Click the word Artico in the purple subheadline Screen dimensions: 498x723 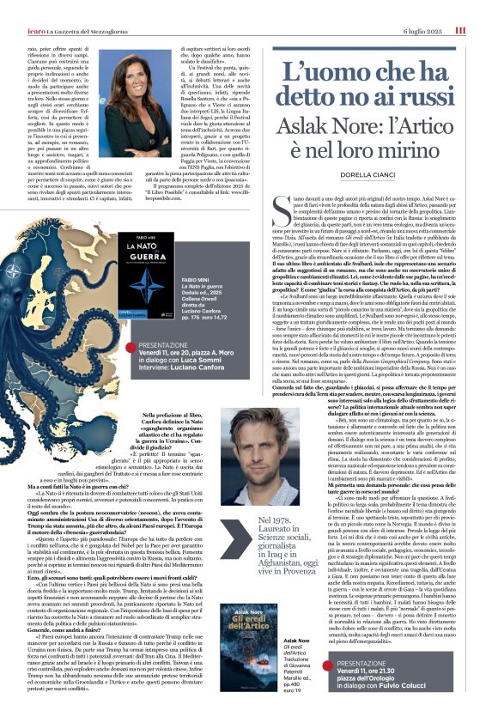tap(418, 126)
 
